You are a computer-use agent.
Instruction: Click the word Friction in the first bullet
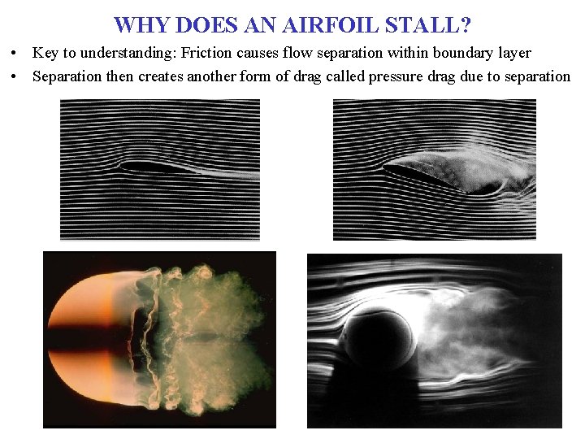coord(208,54)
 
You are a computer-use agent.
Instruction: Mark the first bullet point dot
coord(15,54)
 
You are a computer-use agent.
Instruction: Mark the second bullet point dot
coord(15,76)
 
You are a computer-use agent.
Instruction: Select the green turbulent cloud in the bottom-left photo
coord(211,341)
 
